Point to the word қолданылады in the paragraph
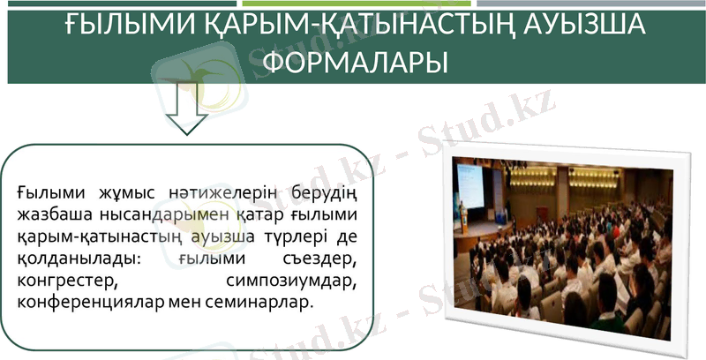[67, 259]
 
